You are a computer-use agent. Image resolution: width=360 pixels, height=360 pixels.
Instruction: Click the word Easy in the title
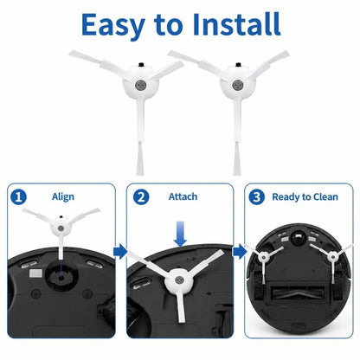point(112,25)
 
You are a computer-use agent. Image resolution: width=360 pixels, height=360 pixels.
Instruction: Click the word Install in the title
point(237,24)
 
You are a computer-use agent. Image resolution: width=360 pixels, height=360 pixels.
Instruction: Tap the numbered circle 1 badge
point(18,197)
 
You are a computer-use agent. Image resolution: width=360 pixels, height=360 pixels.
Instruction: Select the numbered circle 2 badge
point(141,197)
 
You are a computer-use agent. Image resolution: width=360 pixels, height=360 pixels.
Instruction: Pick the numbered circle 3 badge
point(256,197)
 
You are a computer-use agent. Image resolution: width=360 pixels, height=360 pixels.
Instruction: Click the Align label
point(63,196)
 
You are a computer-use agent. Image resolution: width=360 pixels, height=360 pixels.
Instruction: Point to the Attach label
point(183,196)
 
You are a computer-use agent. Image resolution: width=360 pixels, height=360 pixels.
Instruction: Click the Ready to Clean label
point(305,197)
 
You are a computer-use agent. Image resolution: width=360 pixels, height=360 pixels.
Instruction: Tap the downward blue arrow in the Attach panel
point(180,234)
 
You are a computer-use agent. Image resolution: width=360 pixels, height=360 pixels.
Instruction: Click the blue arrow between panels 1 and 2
point(120,252)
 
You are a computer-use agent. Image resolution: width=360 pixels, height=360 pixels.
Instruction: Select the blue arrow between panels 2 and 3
point(240,252)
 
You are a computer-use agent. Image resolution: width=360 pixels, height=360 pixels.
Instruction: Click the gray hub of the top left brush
point(140,85)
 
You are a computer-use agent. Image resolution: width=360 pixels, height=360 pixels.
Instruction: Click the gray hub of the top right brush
point(238,85)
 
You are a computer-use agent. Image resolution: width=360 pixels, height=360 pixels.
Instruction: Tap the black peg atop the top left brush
point(141,64)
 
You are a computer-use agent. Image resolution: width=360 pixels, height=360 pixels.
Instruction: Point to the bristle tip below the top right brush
point(236,158)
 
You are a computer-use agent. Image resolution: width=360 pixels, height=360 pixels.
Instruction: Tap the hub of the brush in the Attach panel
point(179,280)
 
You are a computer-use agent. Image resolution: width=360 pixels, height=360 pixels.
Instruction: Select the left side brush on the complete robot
point(263,257)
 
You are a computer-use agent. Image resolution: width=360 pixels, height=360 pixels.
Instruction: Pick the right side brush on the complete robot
point(333,256)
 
